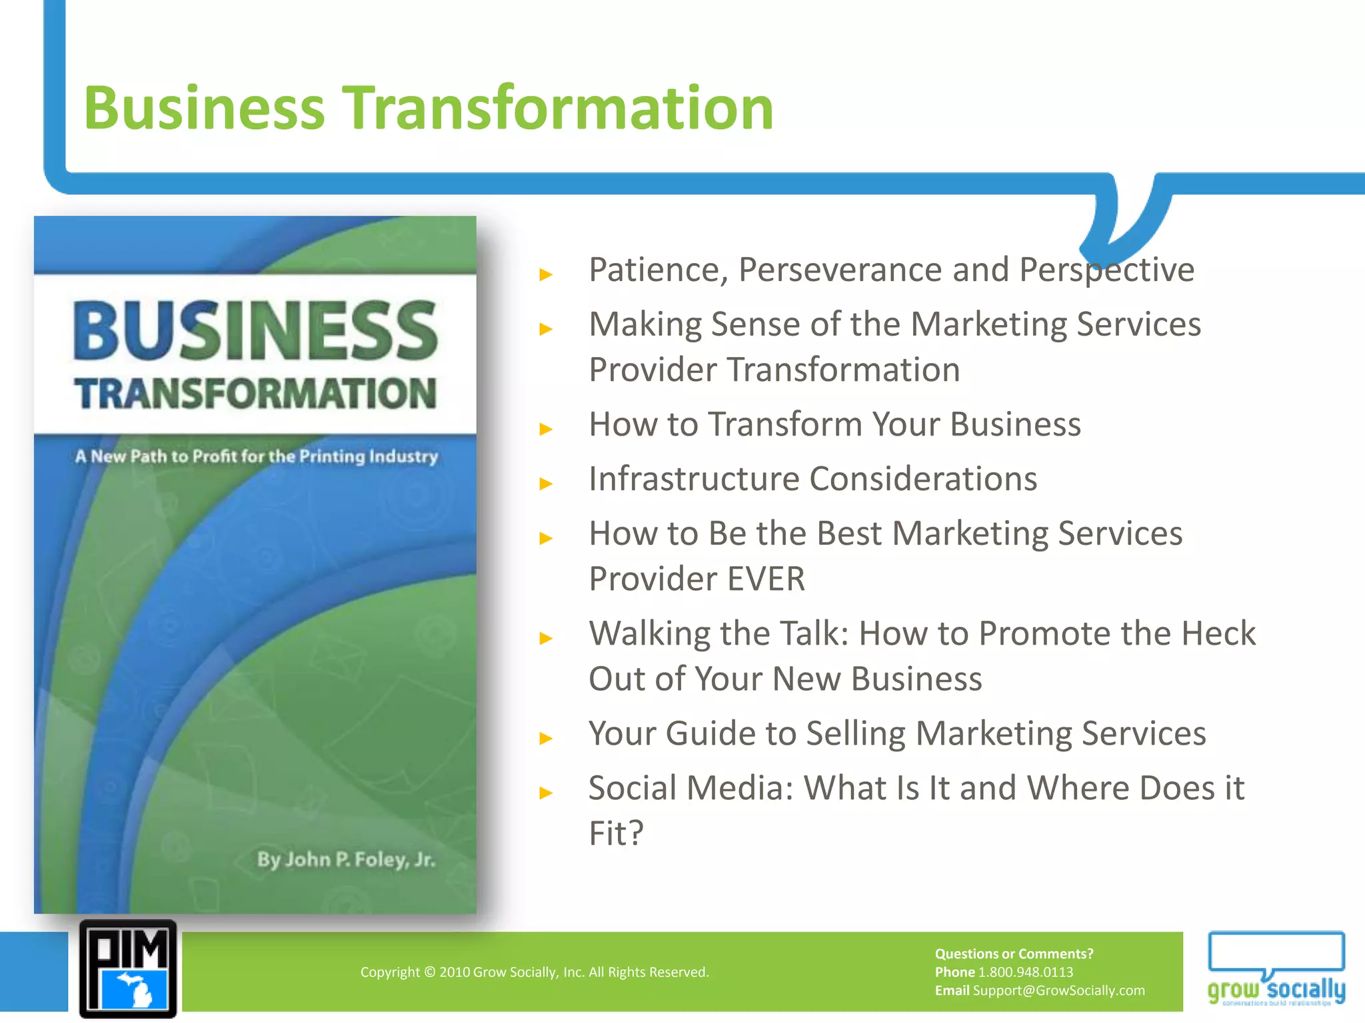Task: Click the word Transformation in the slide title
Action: coord(558,108)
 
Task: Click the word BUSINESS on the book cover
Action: coord(255,330)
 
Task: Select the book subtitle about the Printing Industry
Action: coord(257,456)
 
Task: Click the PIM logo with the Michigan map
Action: coord(128,969)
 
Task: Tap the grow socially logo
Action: coord(1276,969)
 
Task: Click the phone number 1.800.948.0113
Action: coord(1025,972)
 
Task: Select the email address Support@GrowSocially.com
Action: coord(1058,990)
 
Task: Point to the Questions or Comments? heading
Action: coord(1014,954)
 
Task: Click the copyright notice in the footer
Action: coord(535,972)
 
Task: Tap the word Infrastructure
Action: coord(694,479)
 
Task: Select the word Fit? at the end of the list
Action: coord(616,833)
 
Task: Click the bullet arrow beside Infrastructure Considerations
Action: coord(547,484)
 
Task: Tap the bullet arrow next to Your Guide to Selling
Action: coord(547,738)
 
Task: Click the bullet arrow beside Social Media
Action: coord(547,793)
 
